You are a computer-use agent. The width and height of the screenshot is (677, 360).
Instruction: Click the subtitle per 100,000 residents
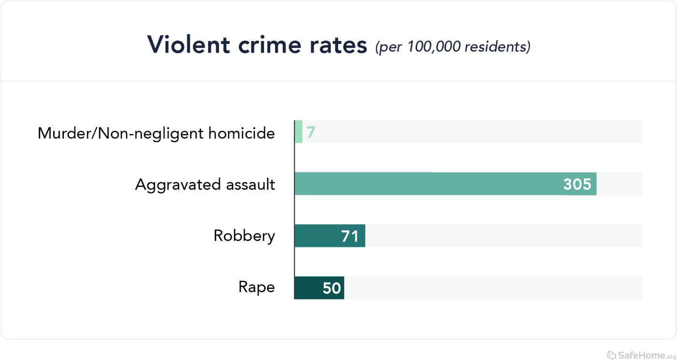coord(453,47)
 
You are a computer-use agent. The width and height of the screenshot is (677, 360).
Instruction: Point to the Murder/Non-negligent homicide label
coord(156,133)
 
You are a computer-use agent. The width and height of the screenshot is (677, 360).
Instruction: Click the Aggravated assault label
coord(205,185)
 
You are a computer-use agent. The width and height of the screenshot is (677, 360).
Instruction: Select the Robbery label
coord(244,236)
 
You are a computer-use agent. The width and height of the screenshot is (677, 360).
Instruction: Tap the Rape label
coord(256,288)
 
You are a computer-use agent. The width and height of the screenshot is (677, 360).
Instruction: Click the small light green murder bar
coord(298,131)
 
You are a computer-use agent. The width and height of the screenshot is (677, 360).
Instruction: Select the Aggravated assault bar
coord(426,184)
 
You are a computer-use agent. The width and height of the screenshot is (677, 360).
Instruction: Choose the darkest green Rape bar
coord(307,288)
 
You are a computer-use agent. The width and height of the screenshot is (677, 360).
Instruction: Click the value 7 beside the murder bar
coord(311,132)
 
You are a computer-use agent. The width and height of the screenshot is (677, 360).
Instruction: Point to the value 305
coord(577,184)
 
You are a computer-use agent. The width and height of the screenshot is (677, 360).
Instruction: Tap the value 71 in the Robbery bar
coord(350,236)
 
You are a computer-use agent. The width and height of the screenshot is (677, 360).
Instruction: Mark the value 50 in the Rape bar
coord(332,288)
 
